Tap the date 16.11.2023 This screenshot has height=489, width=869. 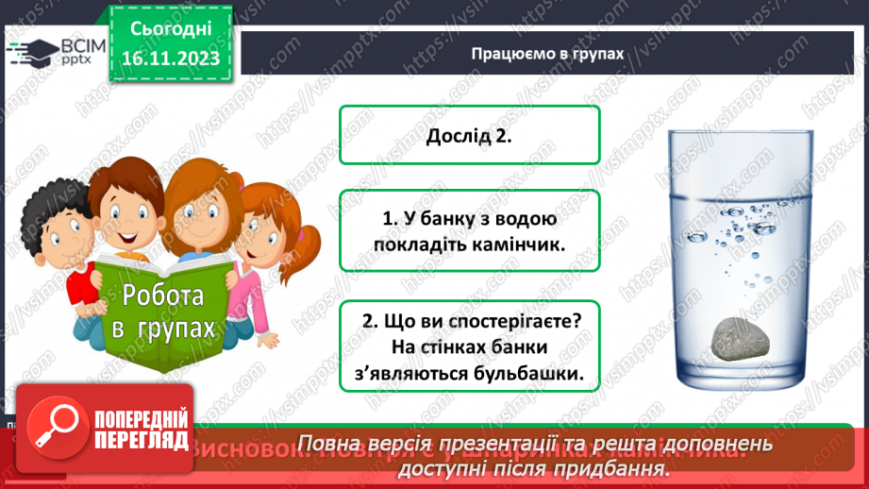click(168, 59)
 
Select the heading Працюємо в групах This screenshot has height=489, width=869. click(547, 54)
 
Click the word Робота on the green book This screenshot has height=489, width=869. click(162, 295)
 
